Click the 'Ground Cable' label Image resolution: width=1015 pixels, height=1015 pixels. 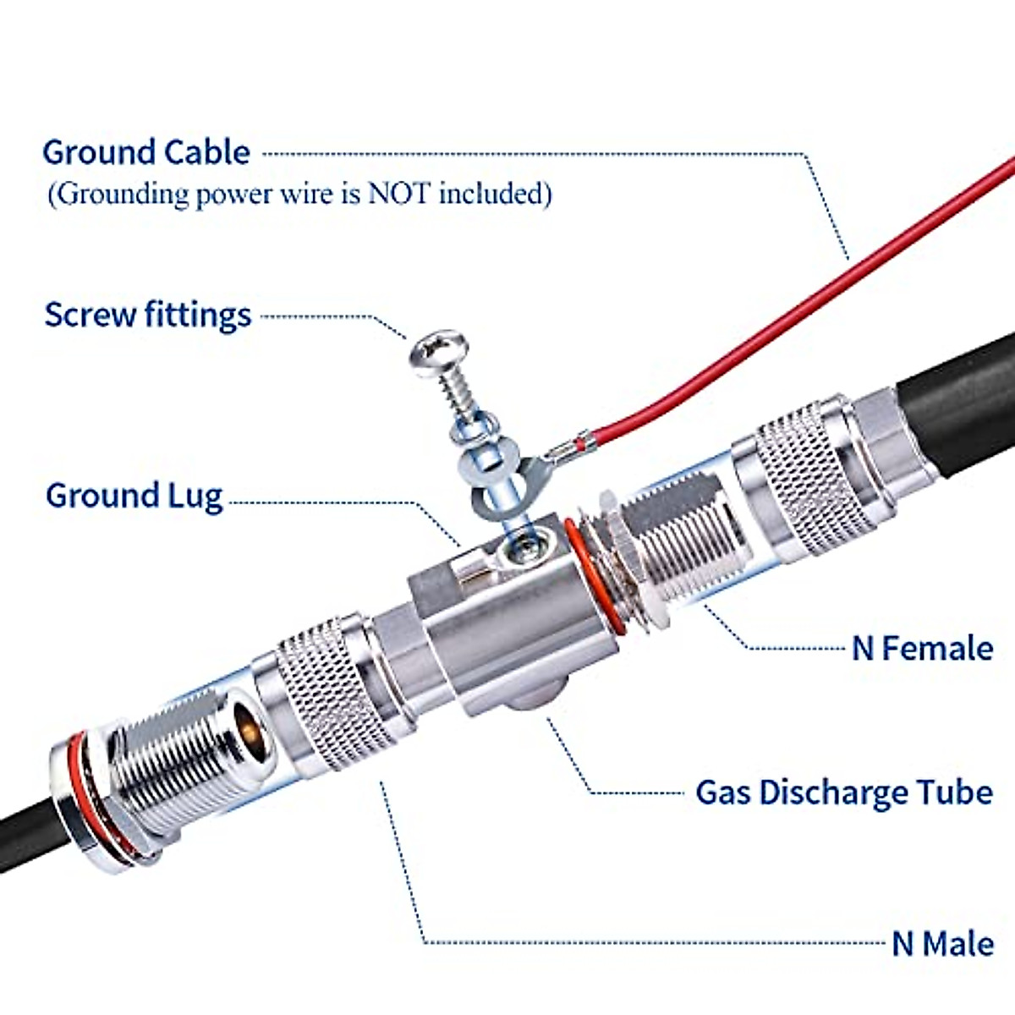146,152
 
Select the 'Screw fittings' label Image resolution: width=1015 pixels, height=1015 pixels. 148,315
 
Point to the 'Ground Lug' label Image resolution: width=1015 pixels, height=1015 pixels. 134,496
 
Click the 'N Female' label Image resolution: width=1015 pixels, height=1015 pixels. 922,649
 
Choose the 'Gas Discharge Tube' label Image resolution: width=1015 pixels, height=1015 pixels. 843,793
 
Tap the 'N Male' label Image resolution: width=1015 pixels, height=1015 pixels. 942,943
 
